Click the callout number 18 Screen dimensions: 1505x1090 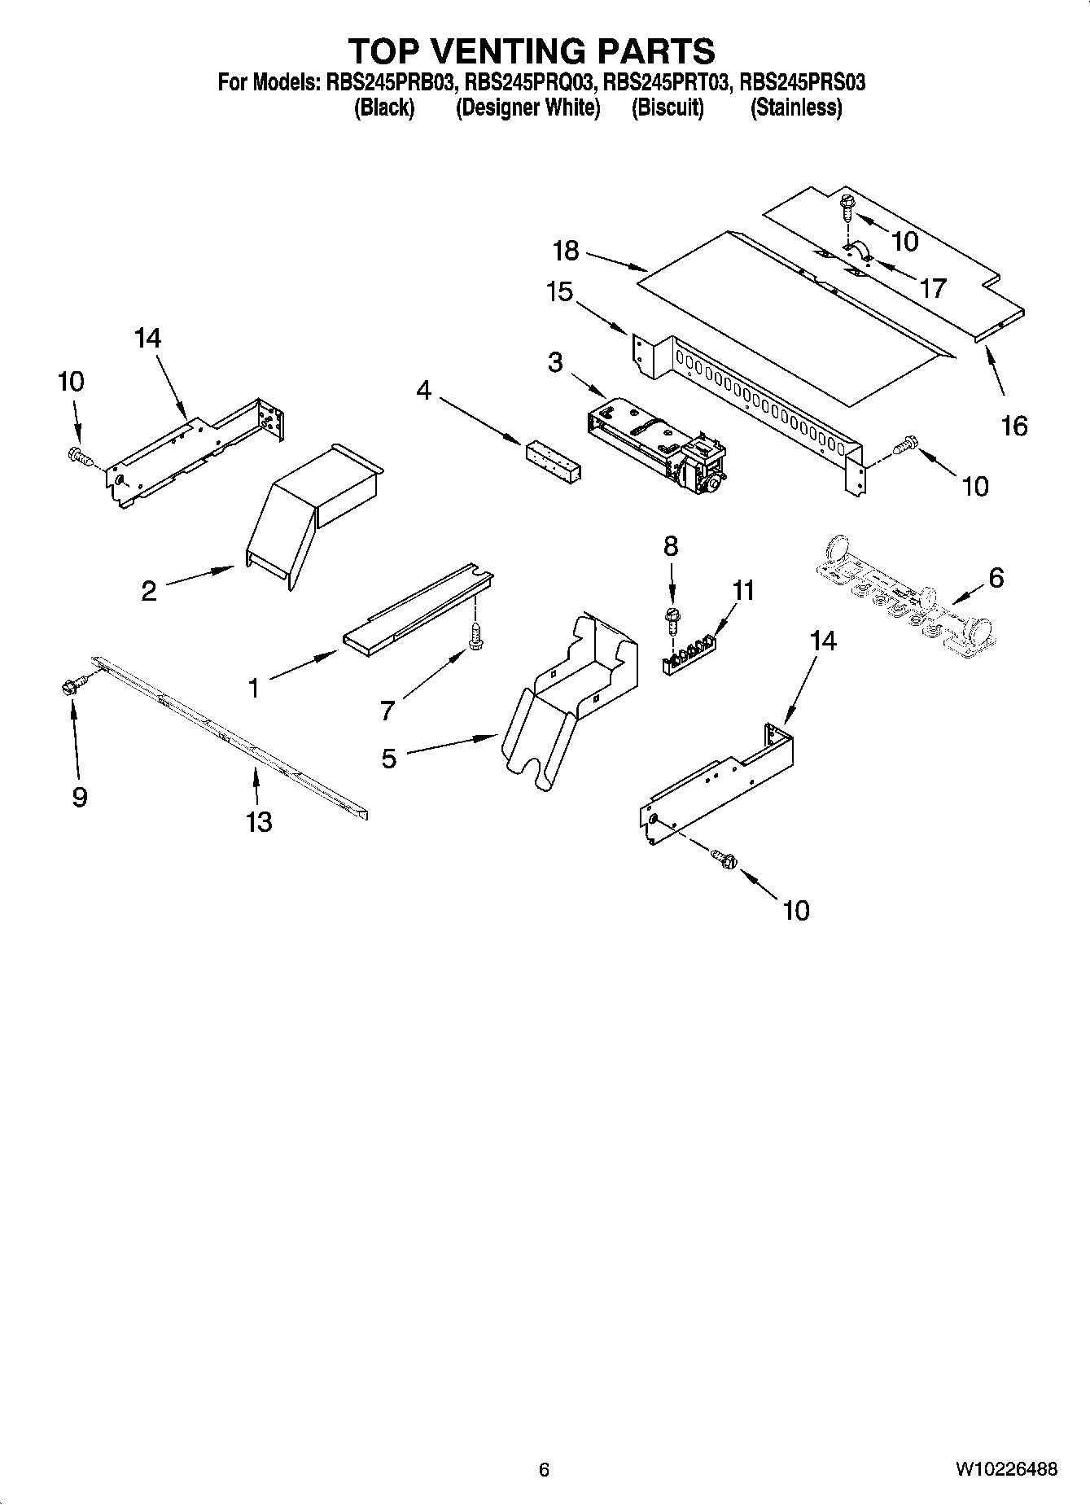(x=566, y=251)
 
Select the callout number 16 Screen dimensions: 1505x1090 (x=1014, y=425)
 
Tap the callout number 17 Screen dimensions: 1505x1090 (x=933, y=287)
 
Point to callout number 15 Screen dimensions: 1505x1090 (x=560, y=291)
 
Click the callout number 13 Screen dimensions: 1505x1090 (x=259, y=822)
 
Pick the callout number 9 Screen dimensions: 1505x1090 (x=79, y=796)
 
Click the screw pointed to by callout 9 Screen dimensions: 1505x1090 (x=68, y=688)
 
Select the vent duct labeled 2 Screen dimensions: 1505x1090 (x=313, y=513)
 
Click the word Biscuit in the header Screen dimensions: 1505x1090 (x=668, y=107)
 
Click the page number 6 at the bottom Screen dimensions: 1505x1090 (x=544, y=1469)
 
